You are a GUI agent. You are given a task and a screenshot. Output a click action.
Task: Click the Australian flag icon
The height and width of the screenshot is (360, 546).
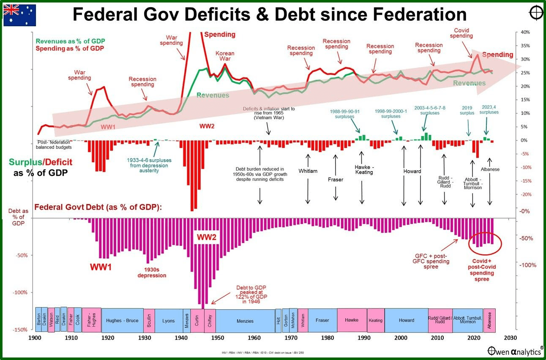tap(20, 16)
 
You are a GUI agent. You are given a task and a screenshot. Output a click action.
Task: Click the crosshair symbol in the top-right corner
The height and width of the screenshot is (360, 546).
tap(535, 14)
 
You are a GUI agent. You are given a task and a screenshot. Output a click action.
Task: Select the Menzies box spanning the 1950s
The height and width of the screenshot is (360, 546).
tap(245, 321)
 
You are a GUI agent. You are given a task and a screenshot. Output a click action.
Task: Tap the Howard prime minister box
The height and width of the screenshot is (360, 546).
tap(407, 320)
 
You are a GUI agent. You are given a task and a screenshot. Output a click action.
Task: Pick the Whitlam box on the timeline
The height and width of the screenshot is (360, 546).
tap(303, 320)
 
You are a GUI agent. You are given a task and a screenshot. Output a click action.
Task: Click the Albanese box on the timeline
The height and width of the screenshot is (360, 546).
tap(489, 320)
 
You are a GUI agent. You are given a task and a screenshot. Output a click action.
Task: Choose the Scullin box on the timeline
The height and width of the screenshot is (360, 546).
tap(150, 320)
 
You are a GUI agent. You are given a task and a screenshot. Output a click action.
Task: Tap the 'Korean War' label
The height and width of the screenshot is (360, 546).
tap(225, 56)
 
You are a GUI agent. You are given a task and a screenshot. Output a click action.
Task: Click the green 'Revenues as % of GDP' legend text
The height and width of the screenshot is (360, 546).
tap(70, 41)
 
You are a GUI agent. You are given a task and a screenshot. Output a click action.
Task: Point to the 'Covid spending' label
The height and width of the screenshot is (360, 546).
tap(461, 33)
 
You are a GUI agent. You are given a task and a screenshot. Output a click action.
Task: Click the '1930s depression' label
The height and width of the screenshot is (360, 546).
tap(152, 272)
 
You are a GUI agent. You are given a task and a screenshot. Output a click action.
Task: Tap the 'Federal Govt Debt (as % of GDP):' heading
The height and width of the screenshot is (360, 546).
tap(98, 207)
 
